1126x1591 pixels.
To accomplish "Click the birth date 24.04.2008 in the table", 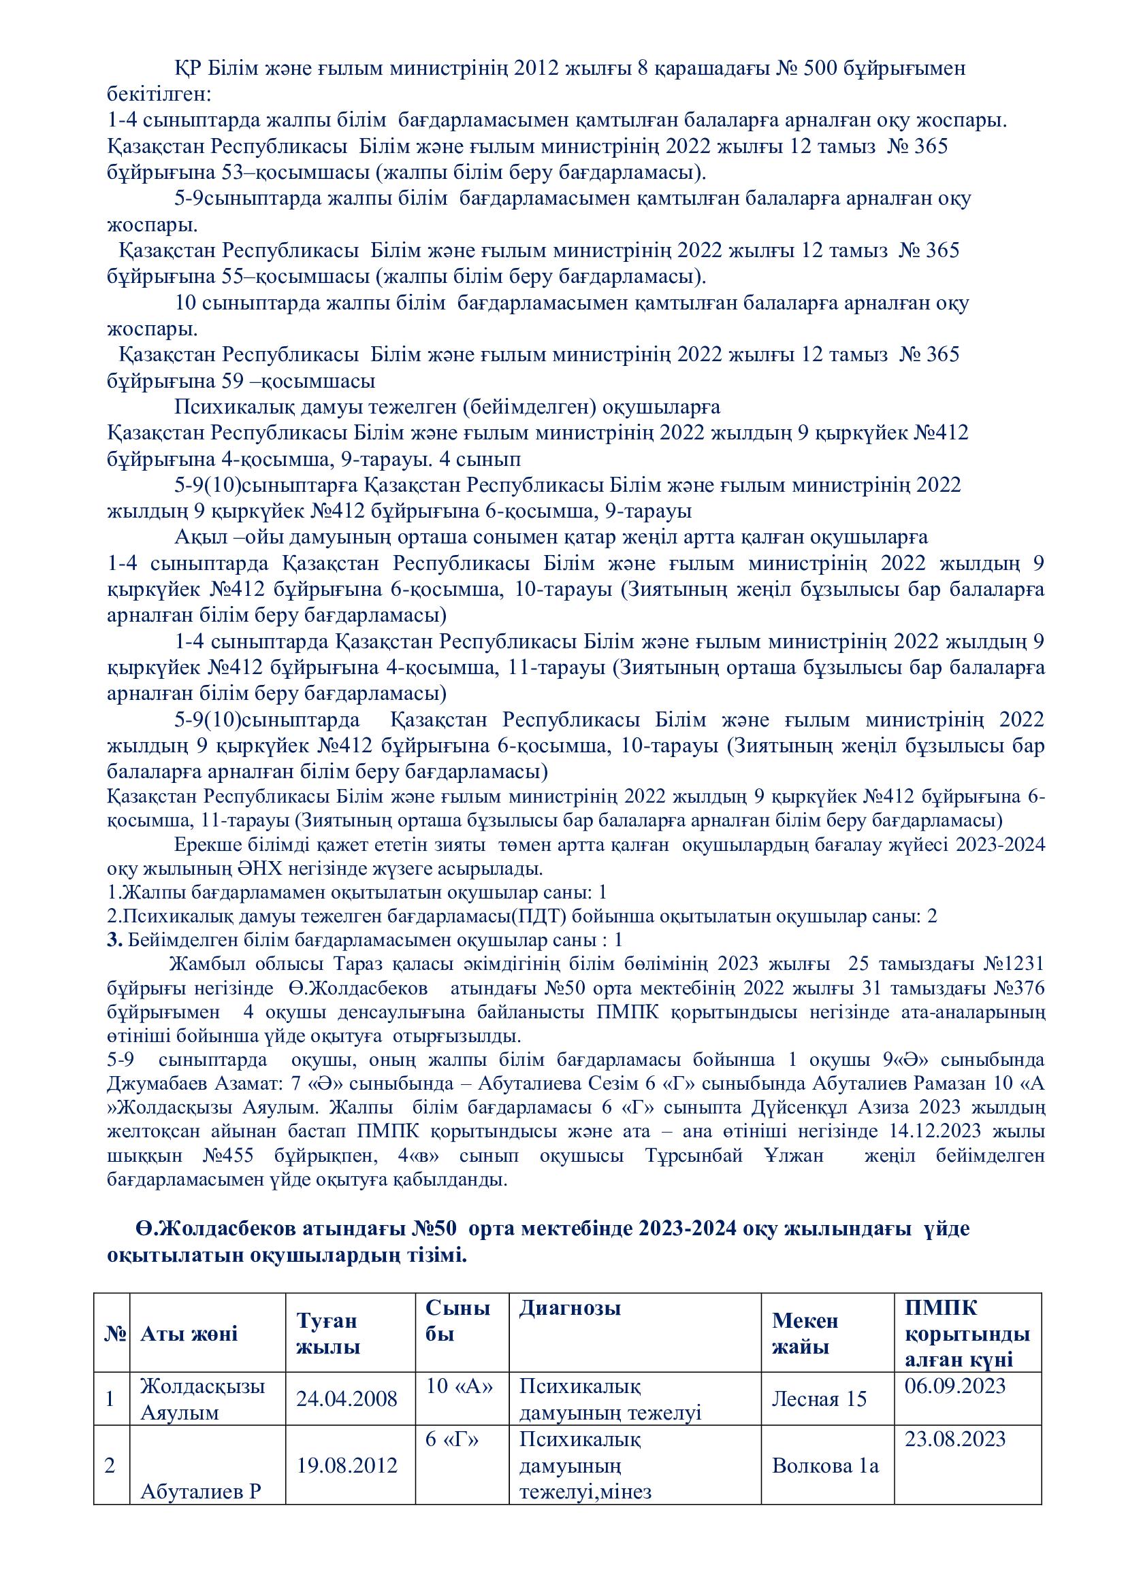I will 347,1399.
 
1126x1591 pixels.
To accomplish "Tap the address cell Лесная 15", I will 819,1399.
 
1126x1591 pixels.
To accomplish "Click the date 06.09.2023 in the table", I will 954,1386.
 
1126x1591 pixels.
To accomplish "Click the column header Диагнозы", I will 570,1308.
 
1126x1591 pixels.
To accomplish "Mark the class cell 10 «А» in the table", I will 459,1386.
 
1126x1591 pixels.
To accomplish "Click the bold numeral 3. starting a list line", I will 114,940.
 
